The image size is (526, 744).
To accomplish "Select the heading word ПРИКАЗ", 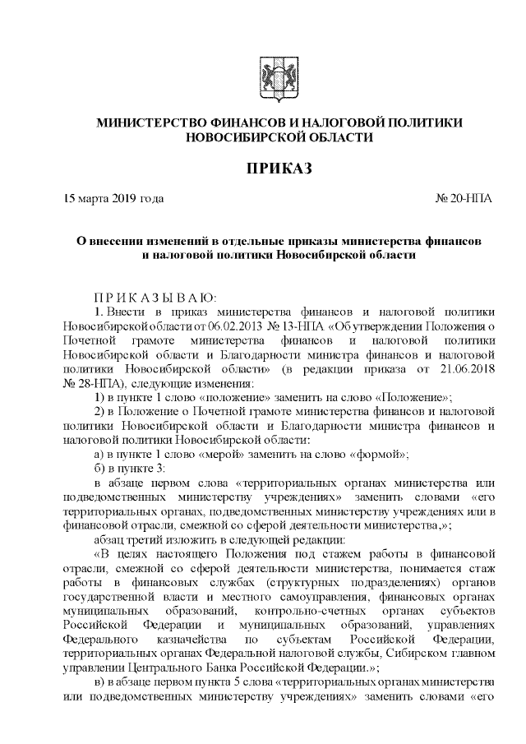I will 279,169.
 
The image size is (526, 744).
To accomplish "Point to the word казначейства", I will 187,639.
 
